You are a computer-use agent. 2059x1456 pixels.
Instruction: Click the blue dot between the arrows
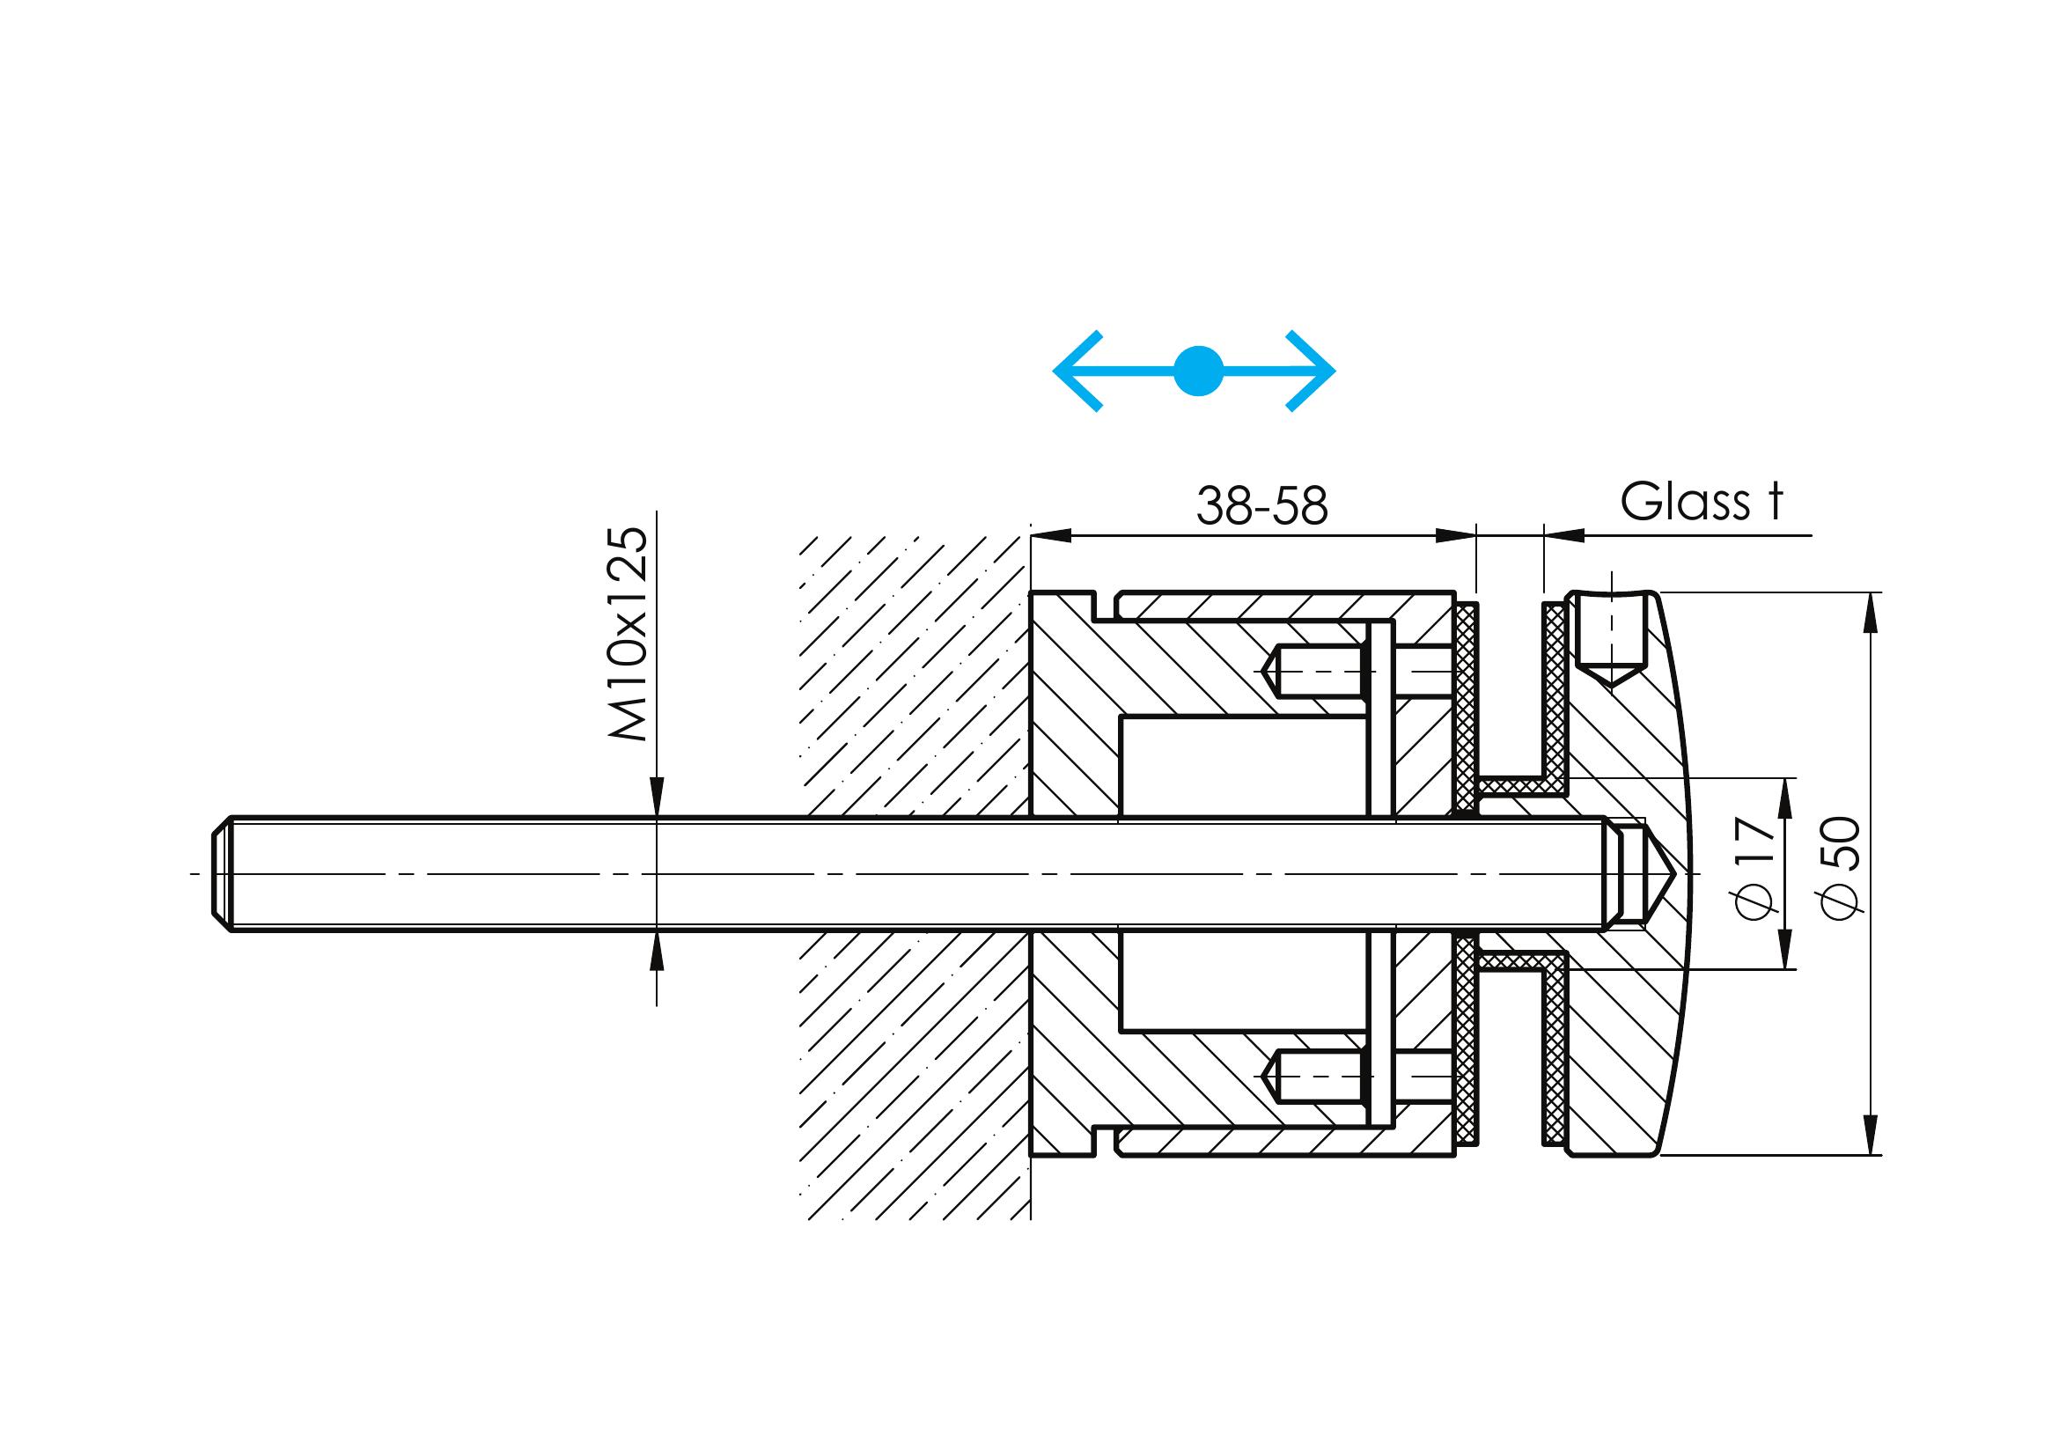coord(1198,371)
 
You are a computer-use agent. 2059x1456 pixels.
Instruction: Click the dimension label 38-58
coord(1261,506)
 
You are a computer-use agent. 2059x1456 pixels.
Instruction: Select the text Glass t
coord(1702,502)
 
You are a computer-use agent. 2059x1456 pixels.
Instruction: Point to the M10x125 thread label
coord(629,633)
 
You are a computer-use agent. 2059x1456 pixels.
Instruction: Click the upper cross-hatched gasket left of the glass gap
coord(1466,699)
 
